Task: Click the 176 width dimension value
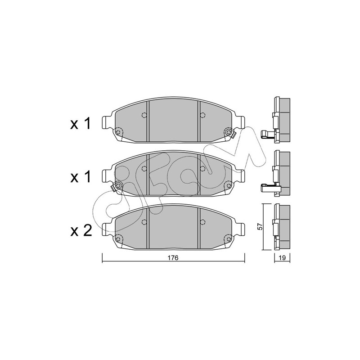click(x=173, y=258)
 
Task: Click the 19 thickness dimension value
click(x=282, y=258)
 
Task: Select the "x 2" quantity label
click(x=81, y=230)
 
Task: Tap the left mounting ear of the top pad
click(x=107, y=123)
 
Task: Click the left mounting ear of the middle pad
click(x=107, y=176)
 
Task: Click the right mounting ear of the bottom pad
click(x=240, y=229)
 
